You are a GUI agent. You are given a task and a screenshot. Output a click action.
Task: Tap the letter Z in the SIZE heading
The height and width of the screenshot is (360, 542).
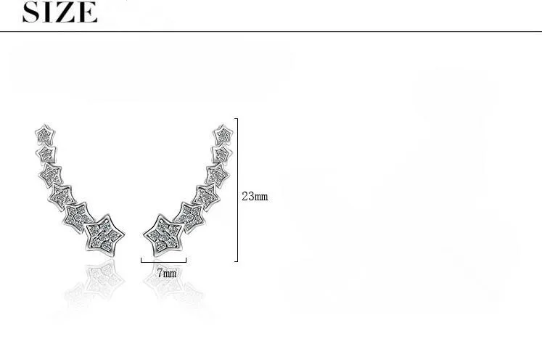click(67, 12)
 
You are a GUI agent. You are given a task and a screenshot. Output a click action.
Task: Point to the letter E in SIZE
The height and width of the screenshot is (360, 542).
click(88, 12)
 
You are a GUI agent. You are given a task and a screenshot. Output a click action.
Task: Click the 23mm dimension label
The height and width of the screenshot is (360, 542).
click(255, 197)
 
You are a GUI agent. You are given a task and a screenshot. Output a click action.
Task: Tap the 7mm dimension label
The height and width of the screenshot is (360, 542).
click(167, 273)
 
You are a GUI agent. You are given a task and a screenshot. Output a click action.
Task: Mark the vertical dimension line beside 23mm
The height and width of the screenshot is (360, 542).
click(237, 190)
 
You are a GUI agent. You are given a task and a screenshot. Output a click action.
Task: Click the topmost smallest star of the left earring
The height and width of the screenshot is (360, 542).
click(45, 134)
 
